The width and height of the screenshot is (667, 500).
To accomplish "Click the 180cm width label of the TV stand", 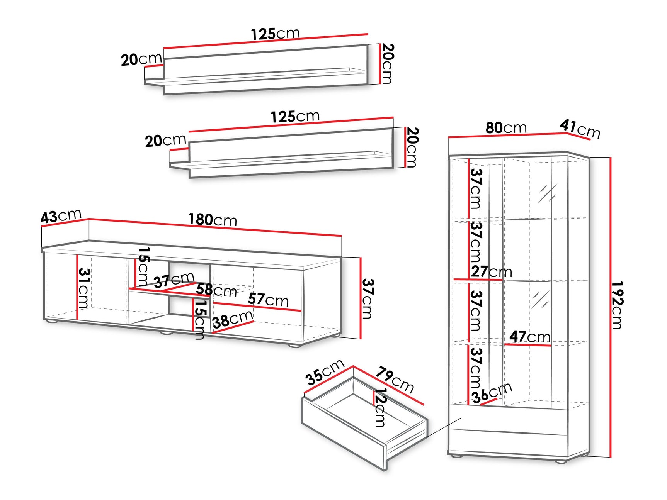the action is (x=213, y=220).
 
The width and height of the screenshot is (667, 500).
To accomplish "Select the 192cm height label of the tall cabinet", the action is (x=617, y=305).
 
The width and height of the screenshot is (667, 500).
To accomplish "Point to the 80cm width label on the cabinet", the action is (x=506, y=127).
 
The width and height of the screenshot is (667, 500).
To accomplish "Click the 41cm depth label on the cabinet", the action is (x=580, y=129).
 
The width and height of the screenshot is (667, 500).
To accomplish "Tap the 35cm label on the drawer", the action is (x=325, y=372).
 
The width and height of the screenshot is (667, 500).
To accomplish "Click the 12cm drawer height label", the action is (x=380, y=407).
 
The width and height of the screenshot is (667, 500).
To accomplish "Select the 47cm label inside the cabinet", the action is (x=529, y=337).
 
